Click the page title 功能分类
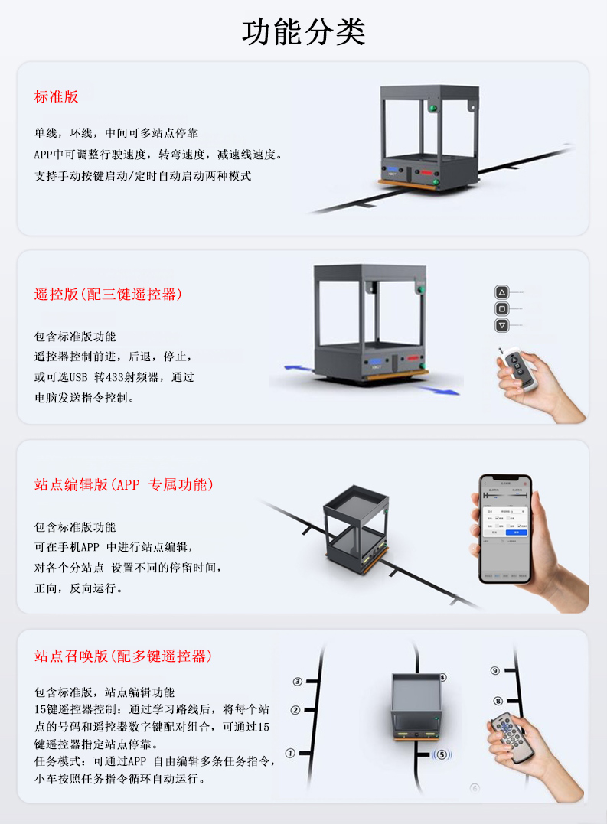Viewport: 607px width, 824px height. pyautogui.click(x=304, y=32)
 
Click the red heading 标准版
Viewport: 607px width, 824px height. pyautogui.click(x=56, y=97)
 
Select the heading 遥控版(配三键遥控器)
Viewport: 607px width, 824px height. pyautogui.click(x=108, y=294)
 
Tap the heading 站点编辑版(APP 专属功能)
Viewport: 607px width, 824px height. pyautogui.click(x=124, y=484)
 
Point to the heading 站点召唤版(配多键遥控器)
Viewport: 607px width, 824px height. pyautogui.click(x=123, y=656)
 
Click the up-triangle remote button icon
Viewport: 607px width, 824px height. pyautogui.click(x=501, y=292)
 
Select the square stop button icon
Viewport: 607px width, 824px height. pyautogui.click(x=501, y=309)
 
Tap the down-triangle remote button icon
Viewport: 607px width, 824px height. pyautogui.click(x=501, y=325)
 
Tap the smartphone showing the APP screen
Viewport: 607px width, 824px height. pyautogui.click(x=505, y=528)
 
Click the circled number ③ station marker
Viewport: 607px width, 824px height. pyautogui.click(x=298, y=681)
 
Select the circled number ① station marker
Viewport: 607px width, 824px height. pyautogui.click(x=290, y=753)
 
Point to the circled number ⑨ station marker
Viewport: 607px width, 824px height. pyautogui.click(x=495, y=671)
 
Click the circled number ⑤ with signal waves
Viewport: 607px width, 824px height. pyautogui.click(x=442, y=754)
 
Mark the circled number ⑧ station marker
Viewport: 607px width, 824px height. pyautogui.click(x=498, y=700)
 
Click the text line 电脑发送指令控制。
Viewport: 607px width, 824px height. pyautogui.click(x=85, y=398)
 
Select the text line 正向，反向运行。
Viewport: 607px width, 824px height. pyautogui.click(x=78, y=588)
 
